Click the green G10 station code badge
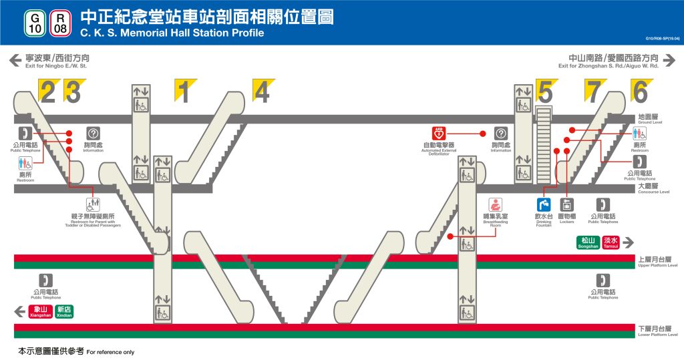(36, 23)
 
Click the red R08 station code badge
(60, 23)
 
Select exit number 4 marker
(263, 91)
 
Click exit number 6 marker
(641, 91)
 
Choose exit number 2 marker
(49, 91)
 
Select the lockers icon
(566, 204)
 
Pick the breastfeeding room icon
(496, 204)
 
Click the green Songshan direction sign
(588, 242)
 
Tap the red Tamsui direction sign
(611, 242)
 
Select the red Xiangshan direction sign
(40, 311)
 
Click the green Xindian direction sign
(64, 311)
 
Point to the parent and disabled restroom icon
(93, 204)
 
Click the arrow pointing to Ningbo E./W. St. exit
(15, 61)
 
